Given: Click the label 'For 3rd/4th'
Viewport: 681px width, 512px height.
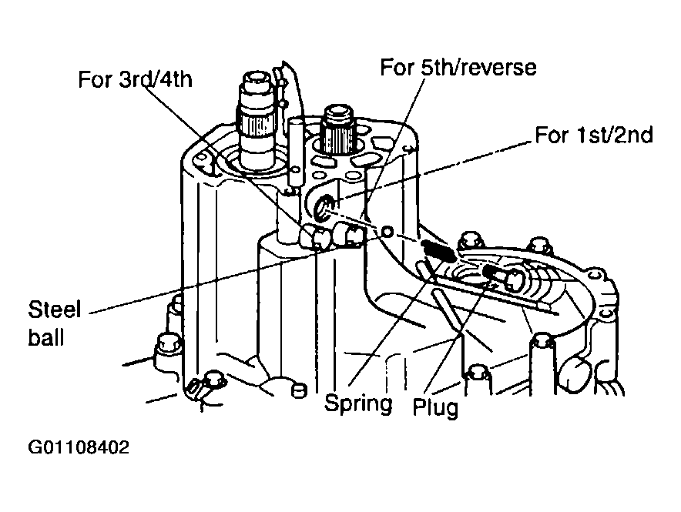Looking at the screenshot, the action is [135, 80].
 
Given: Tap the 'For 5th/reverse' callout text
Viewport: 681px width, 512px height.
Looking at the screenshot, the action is [458, 67].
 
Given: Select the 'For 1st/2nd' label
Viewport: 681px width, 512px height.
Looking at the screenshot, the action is [594, 135].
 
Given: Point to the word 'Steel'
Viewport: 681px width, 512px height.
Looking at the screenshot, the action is [55, 310].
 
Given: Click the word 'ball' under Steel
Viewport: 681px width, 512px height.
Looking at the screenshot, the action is [46, 337].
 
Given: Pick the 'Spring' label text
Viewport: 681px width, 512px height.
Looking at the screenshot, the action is [358, 403].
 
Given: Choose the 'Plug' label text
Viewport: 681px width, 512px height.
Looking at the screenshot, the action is [435, 407].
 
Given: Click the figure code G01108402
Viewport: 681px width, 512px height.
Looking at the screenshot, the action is [79, 447].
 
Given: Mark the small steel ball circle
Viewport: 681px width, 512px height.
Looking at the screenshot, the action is [387, 232].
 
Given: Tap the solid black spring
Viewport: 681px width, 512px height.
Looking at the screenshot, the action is [438, 251].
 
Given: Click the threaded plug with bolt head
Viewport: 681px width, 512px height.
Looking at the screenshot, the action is [505, 277].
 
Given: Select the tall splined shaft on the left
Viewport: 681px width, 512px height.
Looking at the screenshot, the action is [257, 119].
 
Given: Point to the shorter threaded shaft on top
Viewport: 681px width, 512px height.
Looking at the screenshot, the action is [337, 130].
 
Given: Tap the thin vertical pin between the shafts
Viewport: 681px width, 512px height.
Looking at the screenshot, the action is [294, 152].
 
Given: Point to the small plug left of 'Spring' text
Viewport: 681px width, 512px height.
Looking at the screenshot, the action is [298, 390].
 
